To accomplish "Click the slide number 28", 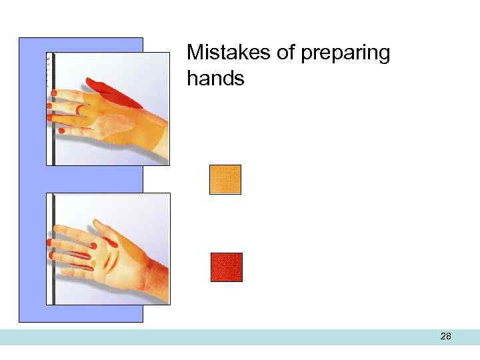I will click(x=446, y=337).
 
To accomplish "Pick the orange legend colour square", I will click(x=225, y=179).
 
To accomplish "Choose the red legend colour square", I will click(x=227, y=267).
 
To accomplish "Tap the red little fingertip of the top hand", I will click(x=62, y=131).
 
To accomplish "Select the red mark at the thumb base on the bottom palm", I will click(x=113, y=244).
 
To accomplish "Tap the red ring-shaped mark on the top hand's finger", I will click(x=79, y=109).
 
